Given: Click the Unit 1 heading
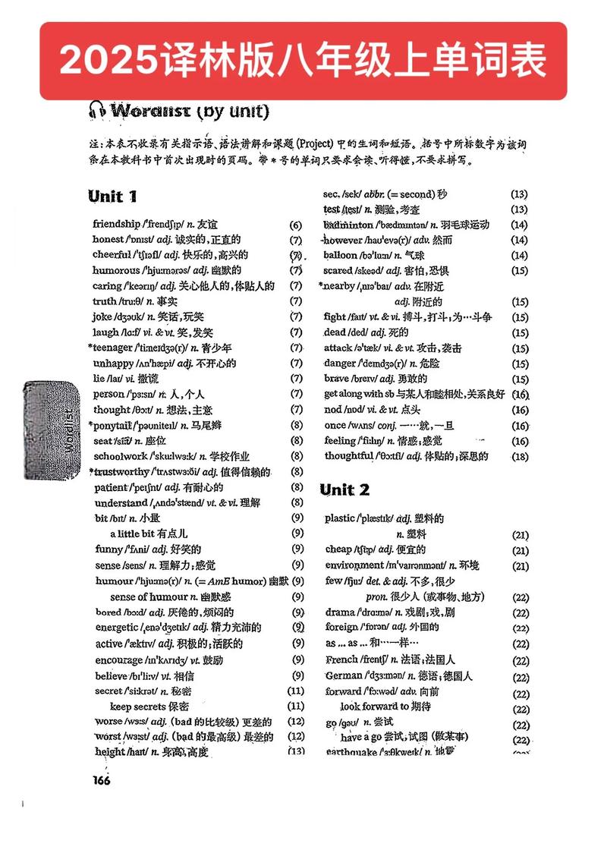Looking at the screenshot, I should [112, 197].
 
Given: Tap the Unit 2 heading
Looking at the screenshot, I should [344, 489].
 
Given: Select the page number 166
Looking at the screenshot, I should [102, 782].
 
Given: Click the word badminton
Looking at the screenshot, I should [348, 225].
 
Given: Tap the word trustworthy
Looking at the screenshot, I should [124, 472].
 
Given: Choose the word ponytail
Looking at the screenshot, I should [116, 425].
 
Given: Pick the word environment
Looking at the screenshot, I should [354, 565].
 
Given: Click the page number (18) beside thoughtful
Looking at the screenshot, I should [520, 456].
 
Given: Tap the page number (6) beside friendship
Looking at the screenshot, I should [296, 225].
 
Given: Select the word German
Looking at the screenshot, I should [344, 675].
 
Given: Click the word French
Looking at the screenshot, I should [341, 659].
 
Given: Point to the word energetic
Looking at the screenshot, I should [117, 628].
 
